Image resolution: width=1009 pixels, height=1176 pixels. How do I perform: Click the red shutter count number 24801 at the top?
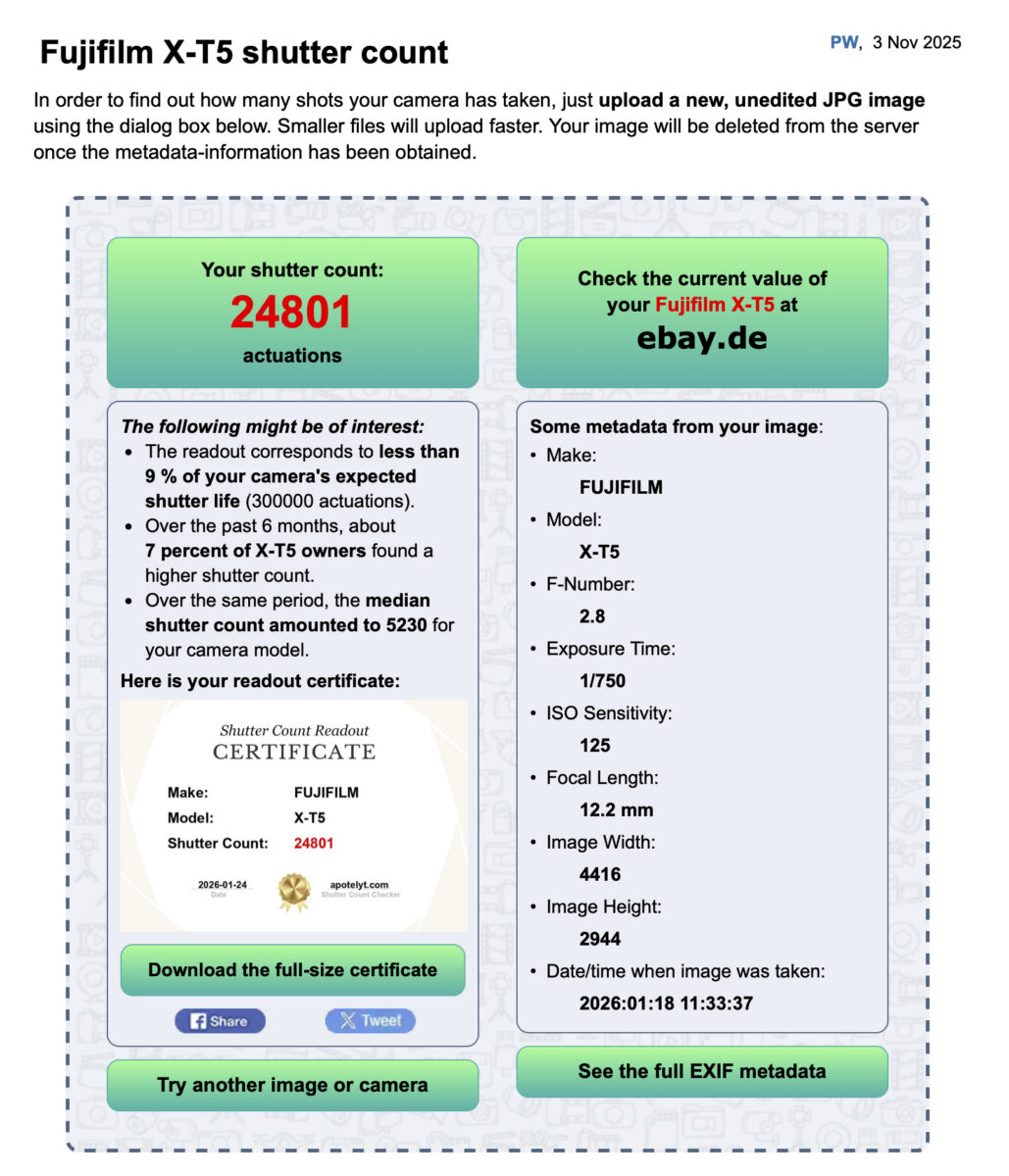tap(291, 313)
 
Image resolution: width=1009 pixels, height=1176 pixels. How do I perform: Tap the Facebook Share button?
tap(220, 1020)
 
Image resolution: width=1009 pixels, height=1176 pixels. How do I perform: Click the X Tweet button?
tap(370, 1020)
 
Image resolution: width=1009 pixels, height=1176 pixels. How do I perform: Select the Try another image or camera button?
tap(292, 1085)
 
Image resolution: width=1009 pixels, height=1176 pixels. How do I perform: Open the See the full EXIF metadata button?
tap(701, 1071)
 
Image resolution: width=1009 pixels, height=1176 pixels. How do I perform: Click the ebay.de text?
tap(701, 338)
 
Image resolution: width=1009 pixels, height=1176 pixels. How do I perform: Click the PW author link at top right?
tap(843, 42)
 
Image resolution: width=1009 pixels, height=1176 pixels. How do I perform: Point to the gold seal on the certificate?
tap(293, 891)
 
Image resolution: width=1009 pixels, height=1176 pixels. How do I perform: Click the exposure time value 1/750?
tap(602, 680)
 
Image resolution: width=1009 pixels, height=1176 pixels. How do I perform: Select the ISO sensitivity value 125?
tap(594, 745)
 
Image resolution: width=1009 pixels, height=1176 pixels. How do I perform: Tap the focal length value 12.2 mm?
tap(616, 809)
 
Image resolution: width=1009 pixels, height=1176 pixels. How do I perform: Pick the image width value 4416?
tap(599, 874)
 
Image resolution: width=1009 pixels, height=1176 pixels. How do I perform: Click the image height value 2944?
tap(599, 939)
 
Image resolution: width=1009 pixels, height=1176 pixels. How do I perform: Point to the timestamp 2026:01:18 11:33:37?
tap(666, 1004)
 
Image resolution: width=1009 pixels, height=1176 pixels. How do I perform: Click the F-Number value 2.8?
tap(592, 615)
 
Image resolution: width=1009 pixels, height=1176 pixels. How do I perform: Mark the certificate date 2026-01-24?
tap(223, 885)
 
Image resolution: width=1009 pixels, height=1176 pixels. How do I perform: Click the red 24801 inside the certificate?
tap(314, 843)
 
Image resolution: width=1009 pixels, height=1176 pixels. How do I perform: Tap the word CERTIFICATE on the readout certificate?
tap(294, 752)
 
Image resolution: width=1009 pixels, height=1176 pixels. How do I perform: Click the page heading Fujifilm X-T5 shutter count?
tap(244, 52)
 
